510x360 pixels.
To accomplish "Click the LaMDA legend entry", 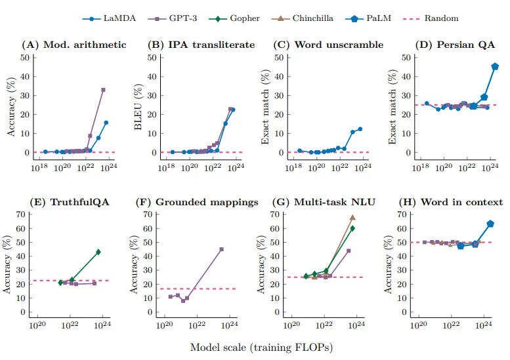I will click(x=114, y=18).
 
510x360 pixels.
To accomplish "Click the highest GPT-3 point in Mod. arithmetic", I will click(x=103, y=90).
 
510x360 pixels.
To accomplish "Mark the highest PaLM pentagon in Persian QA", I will click(x=494, y=66).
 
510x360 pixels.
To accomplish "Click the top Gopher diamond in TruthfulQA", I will click(x=98, y=252).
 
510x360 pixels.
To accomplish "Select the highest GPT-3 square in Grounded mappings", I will click(x=221, y=249).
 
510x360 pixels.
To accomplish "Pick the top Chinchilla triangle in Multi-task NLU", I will click(x=352, y=217).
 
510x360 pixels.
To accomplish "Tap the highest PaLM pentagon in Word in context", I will click(x=490, y=224).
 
